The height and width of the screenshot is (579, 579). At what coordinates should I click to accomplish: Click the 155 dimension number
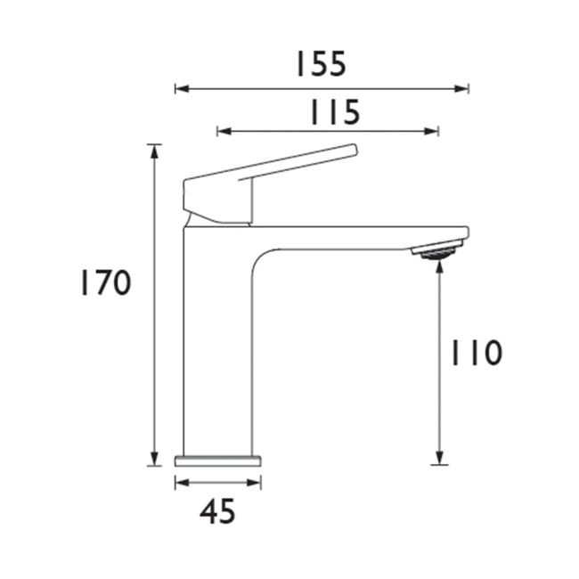pos(321,64)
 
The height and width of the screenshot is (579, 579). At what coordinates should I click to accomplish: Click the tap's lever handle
pos(267,169)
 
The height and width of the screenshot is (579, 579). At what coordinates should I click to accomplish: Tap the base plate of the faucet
pos(218,461)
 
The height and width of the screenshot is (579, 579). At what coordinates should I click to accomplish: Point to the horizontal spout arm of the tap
pos(356,237)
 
